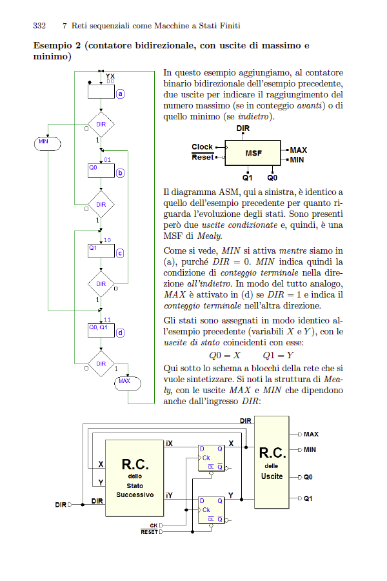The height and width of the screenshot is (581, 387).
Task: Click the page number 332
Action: (39, 26)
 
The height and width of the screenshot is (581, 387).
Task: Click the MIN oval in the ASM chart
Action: (47, 144)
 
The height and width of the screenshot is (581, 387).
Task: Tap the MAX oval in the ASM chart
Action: (128, 383)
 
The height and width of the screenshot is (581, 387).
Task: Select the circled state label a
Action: (120, 94)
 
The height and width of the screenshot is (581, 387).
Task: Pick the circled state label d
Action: (120, 332)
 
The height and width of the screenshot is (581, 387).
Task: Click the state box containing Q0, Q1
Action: (101, 331)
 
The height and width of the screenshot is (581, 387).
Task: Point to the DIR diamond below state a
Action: (101, 124)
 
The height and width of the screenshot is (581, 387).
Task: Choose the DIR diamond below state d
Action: (101, 363)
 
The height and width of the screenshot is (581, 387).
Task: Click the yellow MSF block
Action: (253, 153)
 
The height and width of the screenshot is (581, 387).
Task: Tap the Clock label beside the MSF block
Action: (202, 147)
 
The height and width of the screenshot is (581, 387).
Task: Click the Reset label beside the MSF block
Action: (203, 157)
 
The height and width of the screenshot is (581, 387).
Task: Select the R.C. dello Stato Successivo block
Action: (135, 478)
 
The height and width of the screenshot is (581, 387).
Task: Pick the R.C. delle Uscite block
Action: (272, 462)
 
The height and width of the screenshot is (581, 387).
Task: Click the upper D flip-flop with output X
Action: (211, 458)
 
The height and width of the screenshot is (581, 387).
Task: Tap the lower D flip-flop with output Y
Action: (211, 510)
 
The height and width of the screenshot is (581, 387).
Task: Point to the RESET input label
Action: (149, 532)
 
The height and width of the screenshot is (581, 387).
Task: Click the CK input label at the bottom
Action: (154, 525)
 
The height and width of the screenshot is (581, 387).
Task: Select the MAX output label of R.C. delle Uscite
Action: (311, 434)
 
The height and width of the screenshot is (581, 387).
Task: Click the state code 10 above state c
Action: (108, 240)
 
